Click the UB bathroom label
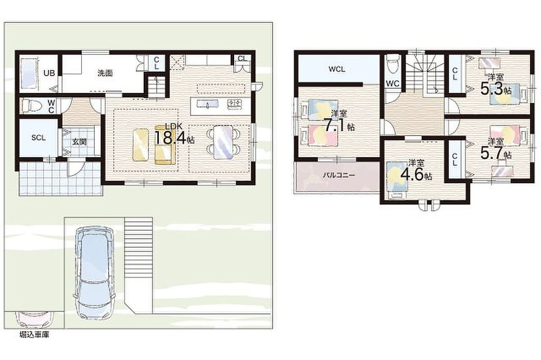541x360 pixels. coord(49,73)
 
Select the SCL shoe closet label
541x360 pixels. coord(38,138)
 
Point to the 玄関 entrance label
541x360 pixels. coord(79,142)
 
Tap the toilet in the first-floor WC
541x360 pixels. coord(32,106)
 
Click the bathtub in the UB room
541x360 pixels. coord(30,74)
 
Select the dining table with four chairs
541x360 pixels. coord(224,142)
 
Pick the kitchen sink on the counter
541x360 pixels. coord(208,104)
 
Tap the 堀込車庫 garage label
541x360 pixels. coord(34,335)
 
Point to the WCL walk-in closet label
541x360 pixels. coord(337,69)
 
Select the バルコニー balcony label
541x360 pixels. coord(339,175)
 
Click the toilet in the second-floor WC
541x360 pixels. coord(393,64)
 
